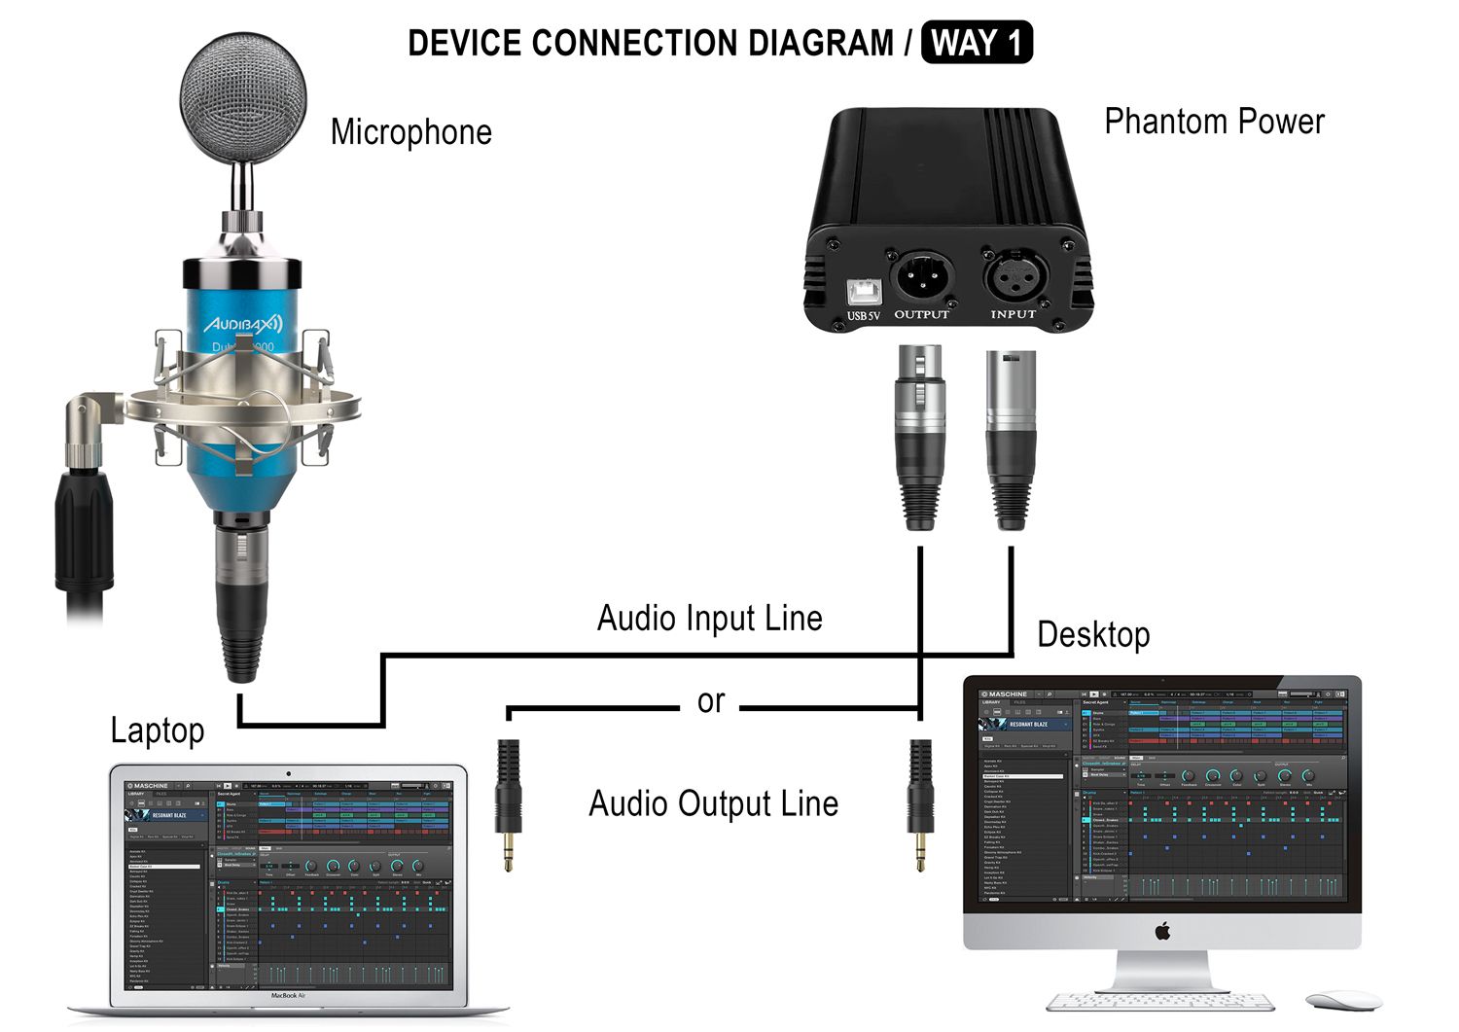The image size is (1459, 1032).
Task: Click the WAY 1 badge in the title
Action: coord(976,44)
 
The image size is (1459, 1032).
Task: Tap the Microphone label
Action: coord(410,132)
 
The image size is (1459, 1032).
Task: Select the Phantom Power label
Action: coord(1214,122)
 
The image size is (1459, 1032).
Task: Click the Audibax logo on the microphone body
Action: coord(242,323)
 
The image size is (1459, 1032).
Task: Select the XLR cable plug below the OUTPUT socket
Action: coord(920,438)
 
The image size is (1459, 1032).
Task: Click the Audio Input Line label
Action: coord(709,619)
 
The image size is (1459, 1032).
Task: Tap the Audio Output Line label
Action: coord(713,804)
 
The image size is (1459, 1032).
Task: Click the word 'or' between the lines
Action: coord(711,701)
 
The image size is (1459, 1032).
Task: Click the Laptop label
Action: coord(157,730)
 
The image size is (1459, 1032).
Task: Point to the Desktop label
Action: coord(1093,634)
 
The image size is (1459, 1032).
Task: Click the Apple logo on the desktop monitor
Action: coord(1161,931)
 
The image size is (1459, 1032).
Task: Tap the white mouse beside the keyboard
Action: coord(1342,1001)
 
